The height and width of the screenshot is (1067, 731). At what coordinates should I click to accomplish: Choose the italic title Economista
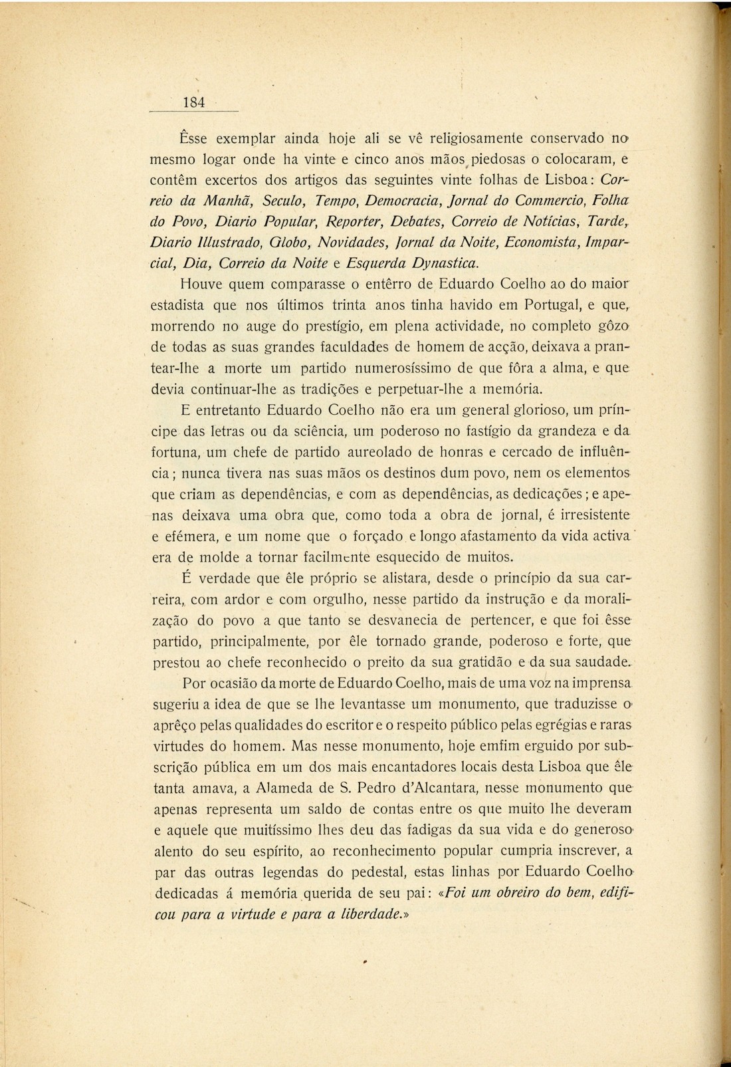point(542,242)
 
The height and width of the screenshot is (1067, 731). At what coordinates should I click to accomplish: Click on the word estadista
point(178,306)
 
